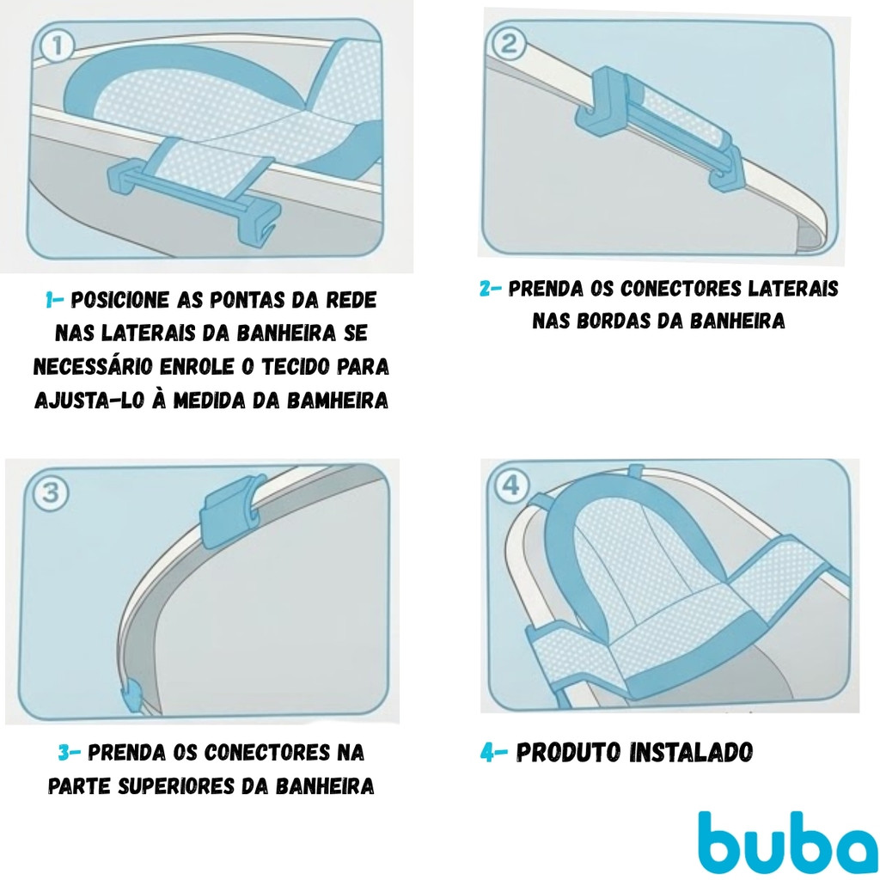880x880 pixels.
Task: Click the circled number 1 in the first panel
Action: point(57,47)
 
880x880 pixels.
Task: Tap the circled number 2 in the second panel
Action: point(509,44)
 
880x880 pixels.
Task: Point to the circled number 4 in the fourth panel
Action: point(511,486)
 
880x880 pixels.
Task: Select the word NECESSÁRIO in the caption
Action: point(93,367)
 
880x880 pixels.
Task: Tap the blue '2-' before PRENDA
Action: point(491,289)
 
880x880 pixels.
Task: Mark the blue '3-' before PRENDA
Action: point(70,753)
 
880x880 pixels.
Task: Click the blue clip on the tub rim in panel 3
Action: point(233,510)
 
